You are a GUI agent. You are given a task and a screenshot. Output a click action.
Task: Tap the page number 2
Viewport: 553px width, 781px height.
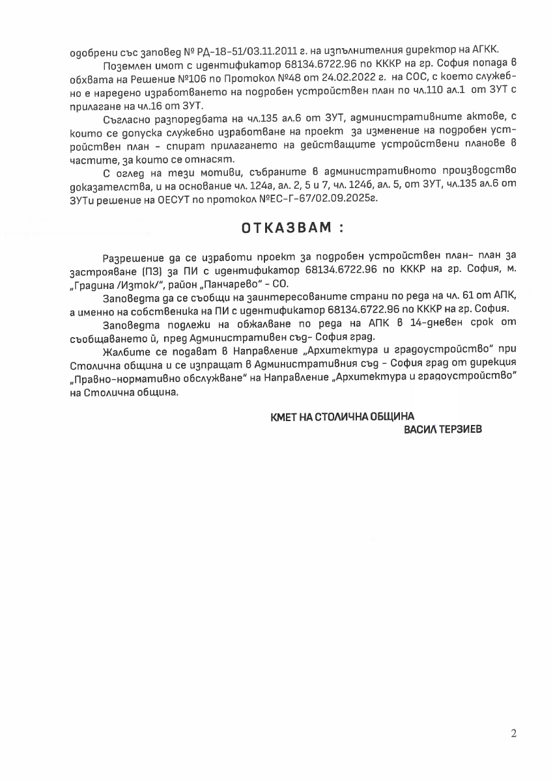[x=514, y=733]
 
